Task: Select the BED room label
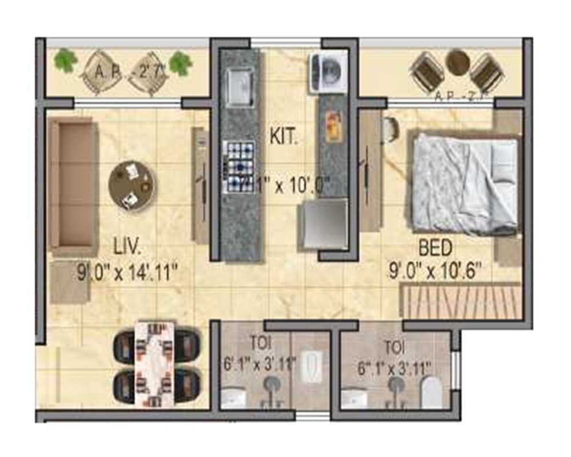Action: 436,248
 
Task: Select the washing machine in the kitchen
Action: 328,71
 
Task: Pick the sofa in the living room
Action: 73,186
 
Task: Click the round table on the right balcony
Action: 457,63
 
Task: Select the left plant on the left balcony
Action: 66,60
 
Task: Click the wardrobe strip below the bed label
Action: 461,302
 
